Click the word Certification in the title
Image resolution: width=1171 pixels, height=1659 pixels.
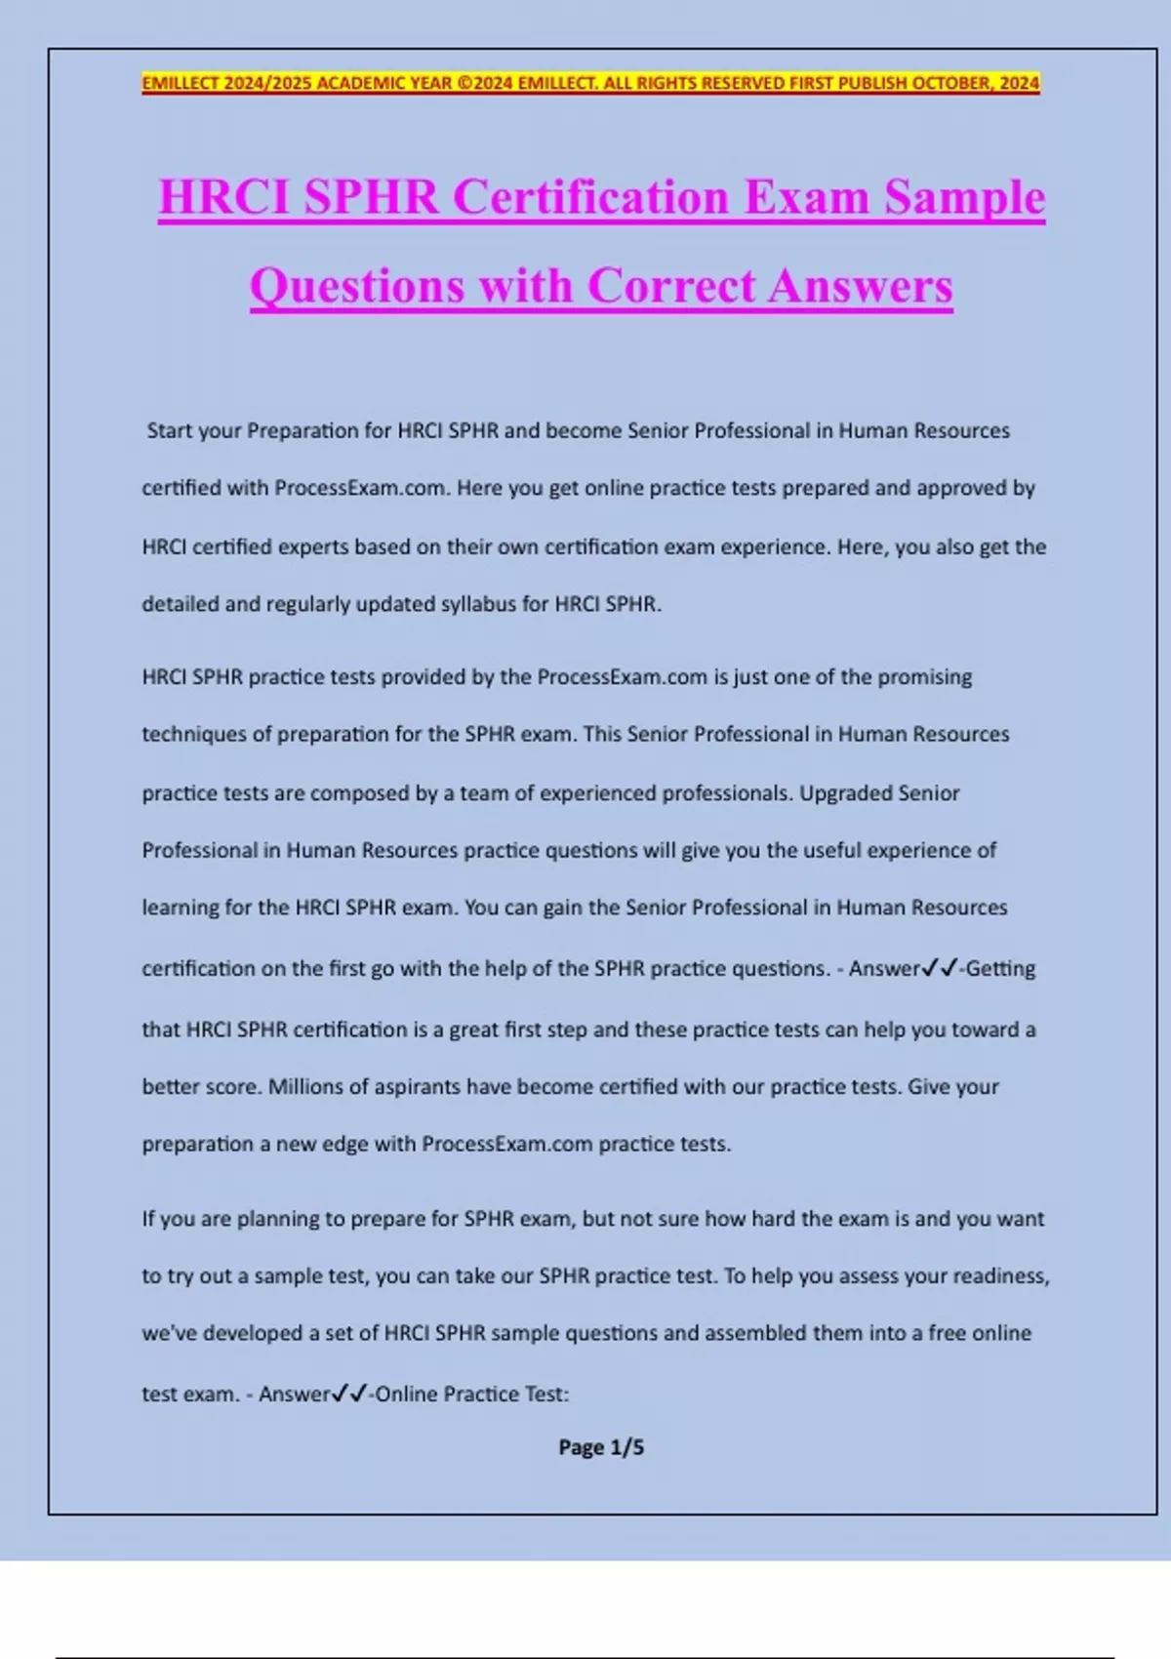coord(591,197)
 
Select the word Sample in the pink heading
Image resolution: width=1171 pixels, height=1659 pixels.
coord(965,197)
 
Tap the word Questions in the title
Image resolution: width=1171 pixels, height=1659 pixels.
coord(356,286)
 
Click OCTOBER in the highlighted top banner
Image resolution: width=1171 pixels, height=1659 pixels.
coord(952,83)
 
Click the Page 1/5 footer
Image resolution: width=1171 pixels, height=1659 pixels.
coord(601,1447)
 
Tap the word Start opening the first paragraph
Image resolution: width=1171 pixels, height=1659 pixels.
coord(170,430)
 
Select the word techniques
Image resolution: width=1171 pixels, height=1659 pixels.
coord(192,735)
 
